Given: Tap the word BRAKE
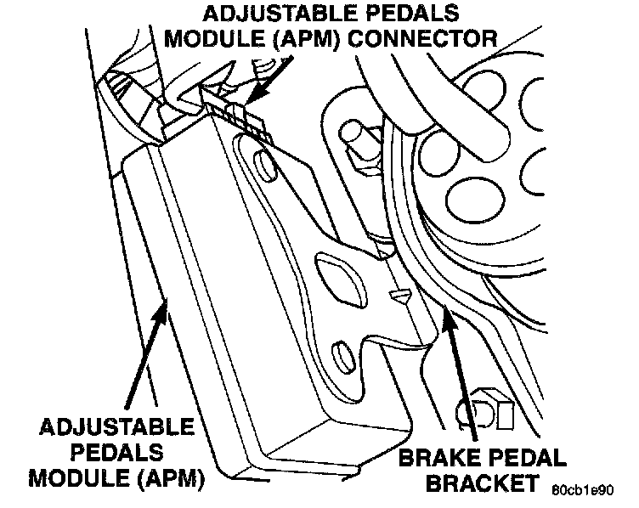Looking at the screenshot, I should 436,460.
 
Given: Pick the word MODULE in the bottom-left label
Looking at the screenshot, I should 73,478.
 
